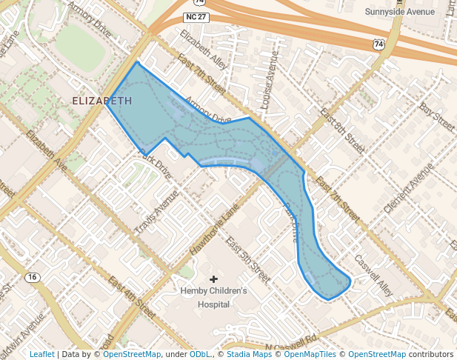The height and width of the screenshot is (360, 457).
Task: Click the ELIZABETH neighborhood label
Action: point(103,100)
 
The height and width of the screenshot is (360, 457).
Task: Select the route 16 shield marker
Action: point(31,277)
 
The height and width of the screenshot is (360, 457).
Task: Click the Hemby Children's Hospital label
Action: point(213,297)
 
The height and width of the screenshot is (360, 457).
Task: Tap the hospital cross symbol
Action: point(214,279)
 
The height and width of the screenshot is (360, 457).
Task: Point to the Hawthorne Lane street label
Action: point(216,231)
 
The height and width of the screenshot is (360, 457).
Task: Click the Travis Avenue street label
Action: point(157,214)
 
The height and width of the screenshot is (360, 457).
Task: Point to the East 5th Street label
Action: point(247,260)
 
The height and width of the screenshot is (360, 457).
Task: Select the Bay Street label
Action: point(436,117)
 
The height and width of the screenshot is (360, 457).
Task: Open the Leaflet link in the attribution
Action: point(41,355)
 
